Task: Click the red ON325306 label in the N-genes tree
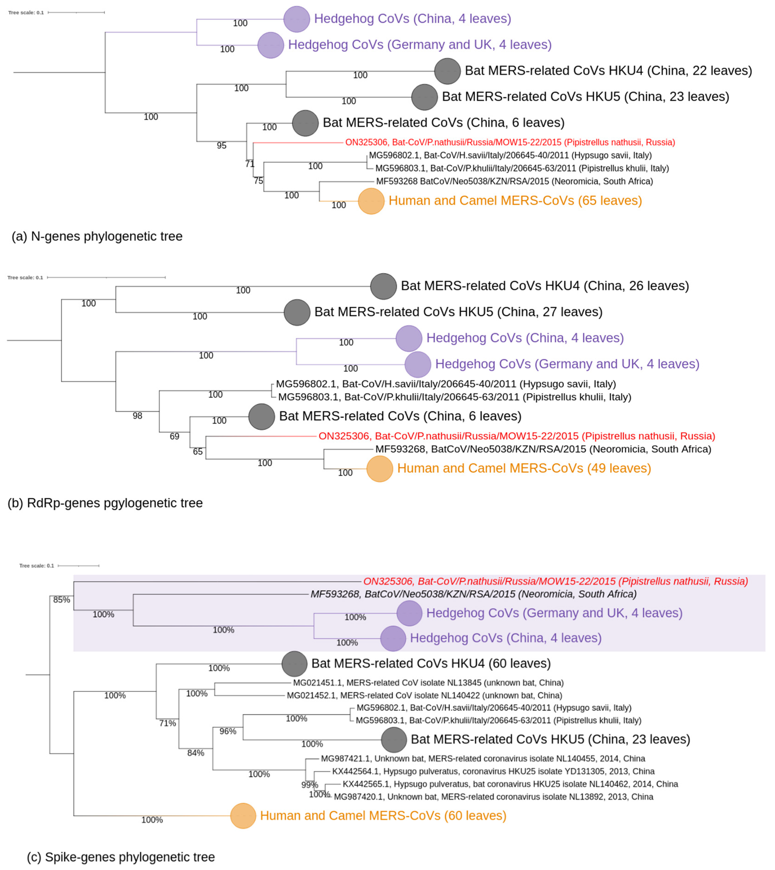(x=510, y=142)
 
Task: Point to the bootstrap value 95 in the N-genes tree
(x=221, y=146)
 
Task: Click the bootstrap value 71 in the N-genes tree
(x=249, y=164)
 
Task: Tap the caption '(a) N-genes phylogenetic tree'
(x=97, y=236)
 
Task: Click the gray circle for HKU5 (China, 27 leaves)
(x=297, y=312)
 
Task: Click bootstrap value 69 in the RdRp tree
(x=174, y=436)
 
